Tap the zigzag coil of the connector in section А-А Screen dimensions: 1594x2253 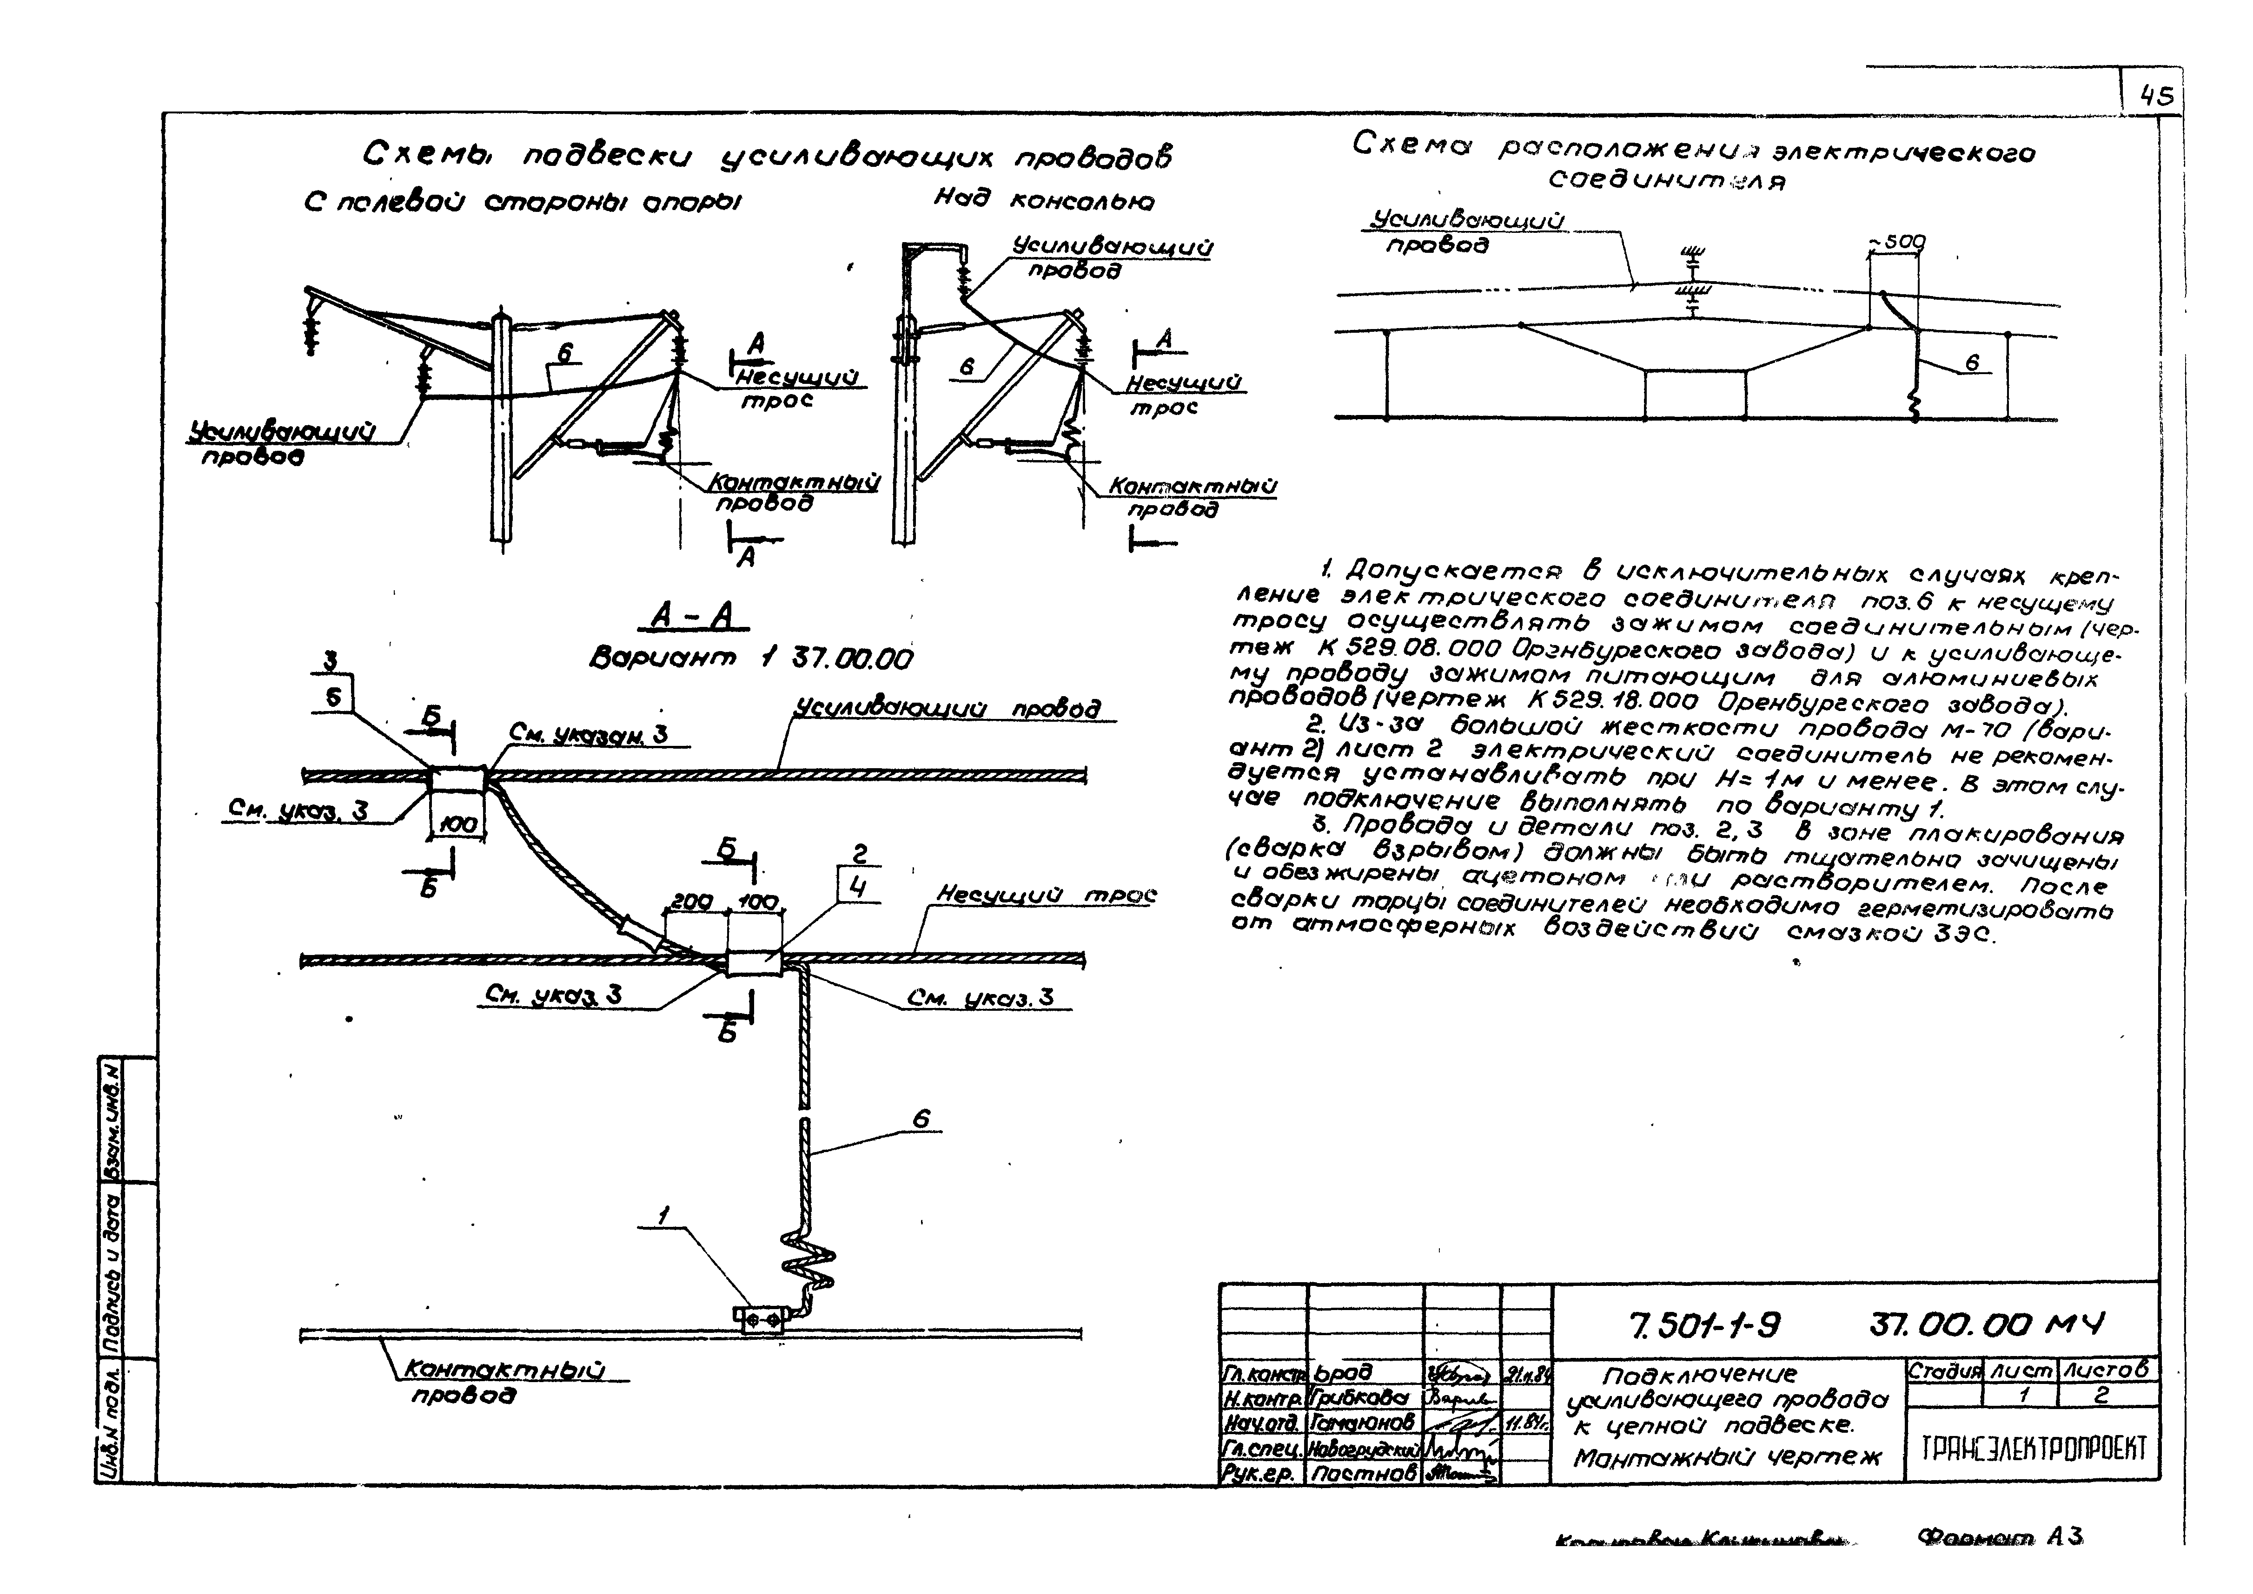(x=810, y=1259)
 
